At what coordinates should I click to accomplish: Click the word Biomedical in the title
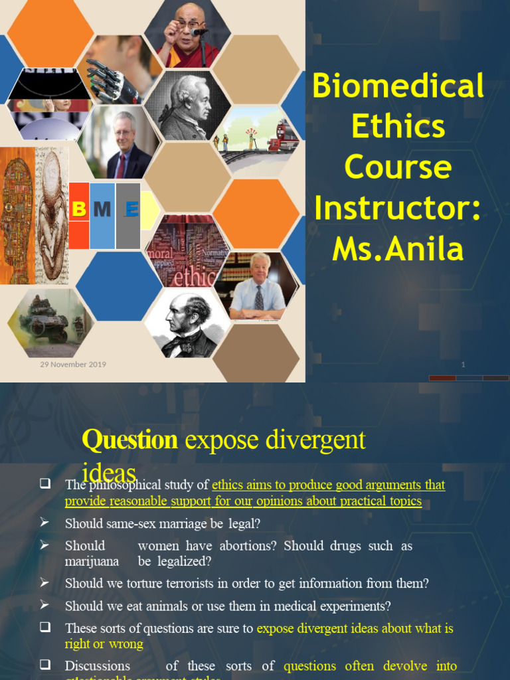point(398,86)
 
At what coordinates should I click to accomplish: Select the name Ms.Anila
point(397,249)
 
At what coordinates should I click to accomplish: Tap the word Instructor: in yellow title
point(397,209)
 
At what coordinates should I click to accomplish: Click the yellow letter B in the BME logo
point(79,210)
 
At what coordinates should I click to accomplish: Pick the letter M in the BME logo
point(102,210)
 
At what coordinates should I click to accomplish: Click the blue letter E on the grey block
point(131,210)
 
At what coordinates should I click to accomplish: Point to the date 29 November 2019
point(73,364)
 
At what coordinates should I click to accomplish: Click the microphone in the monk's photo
point(196,32)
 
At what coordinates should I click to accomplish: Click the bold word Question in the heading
point(129,440)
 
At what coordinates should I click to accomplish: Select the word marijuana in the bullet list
point(92,561)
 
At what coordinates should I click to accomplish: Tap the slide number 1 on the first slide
point(463,365)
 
